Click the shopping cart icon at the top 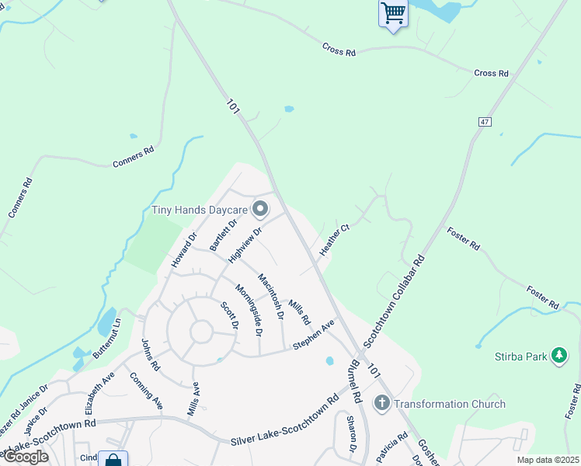tap(393, 13)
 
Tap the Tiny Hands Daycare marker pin tap(260, 209)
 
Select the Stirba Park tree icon tap(558, 356)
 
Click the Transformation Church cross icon tap(381, 403)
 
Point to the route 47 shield tap(485, 122)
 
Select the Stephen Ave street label tap(313, 334)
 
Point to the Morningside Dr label tap(249, 308)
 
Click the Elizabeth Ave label tap(100, 389)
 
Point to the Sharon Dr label tap(351, 433)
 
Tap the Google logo tap(25, 457)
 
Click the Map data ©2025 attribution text tap(548, 460)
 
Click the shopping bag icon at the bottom tap(113, 459)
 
